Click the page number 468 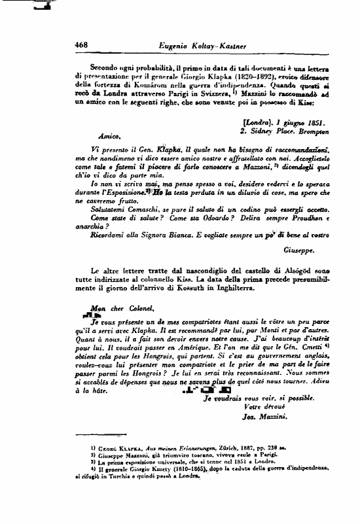pos(82,44)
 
